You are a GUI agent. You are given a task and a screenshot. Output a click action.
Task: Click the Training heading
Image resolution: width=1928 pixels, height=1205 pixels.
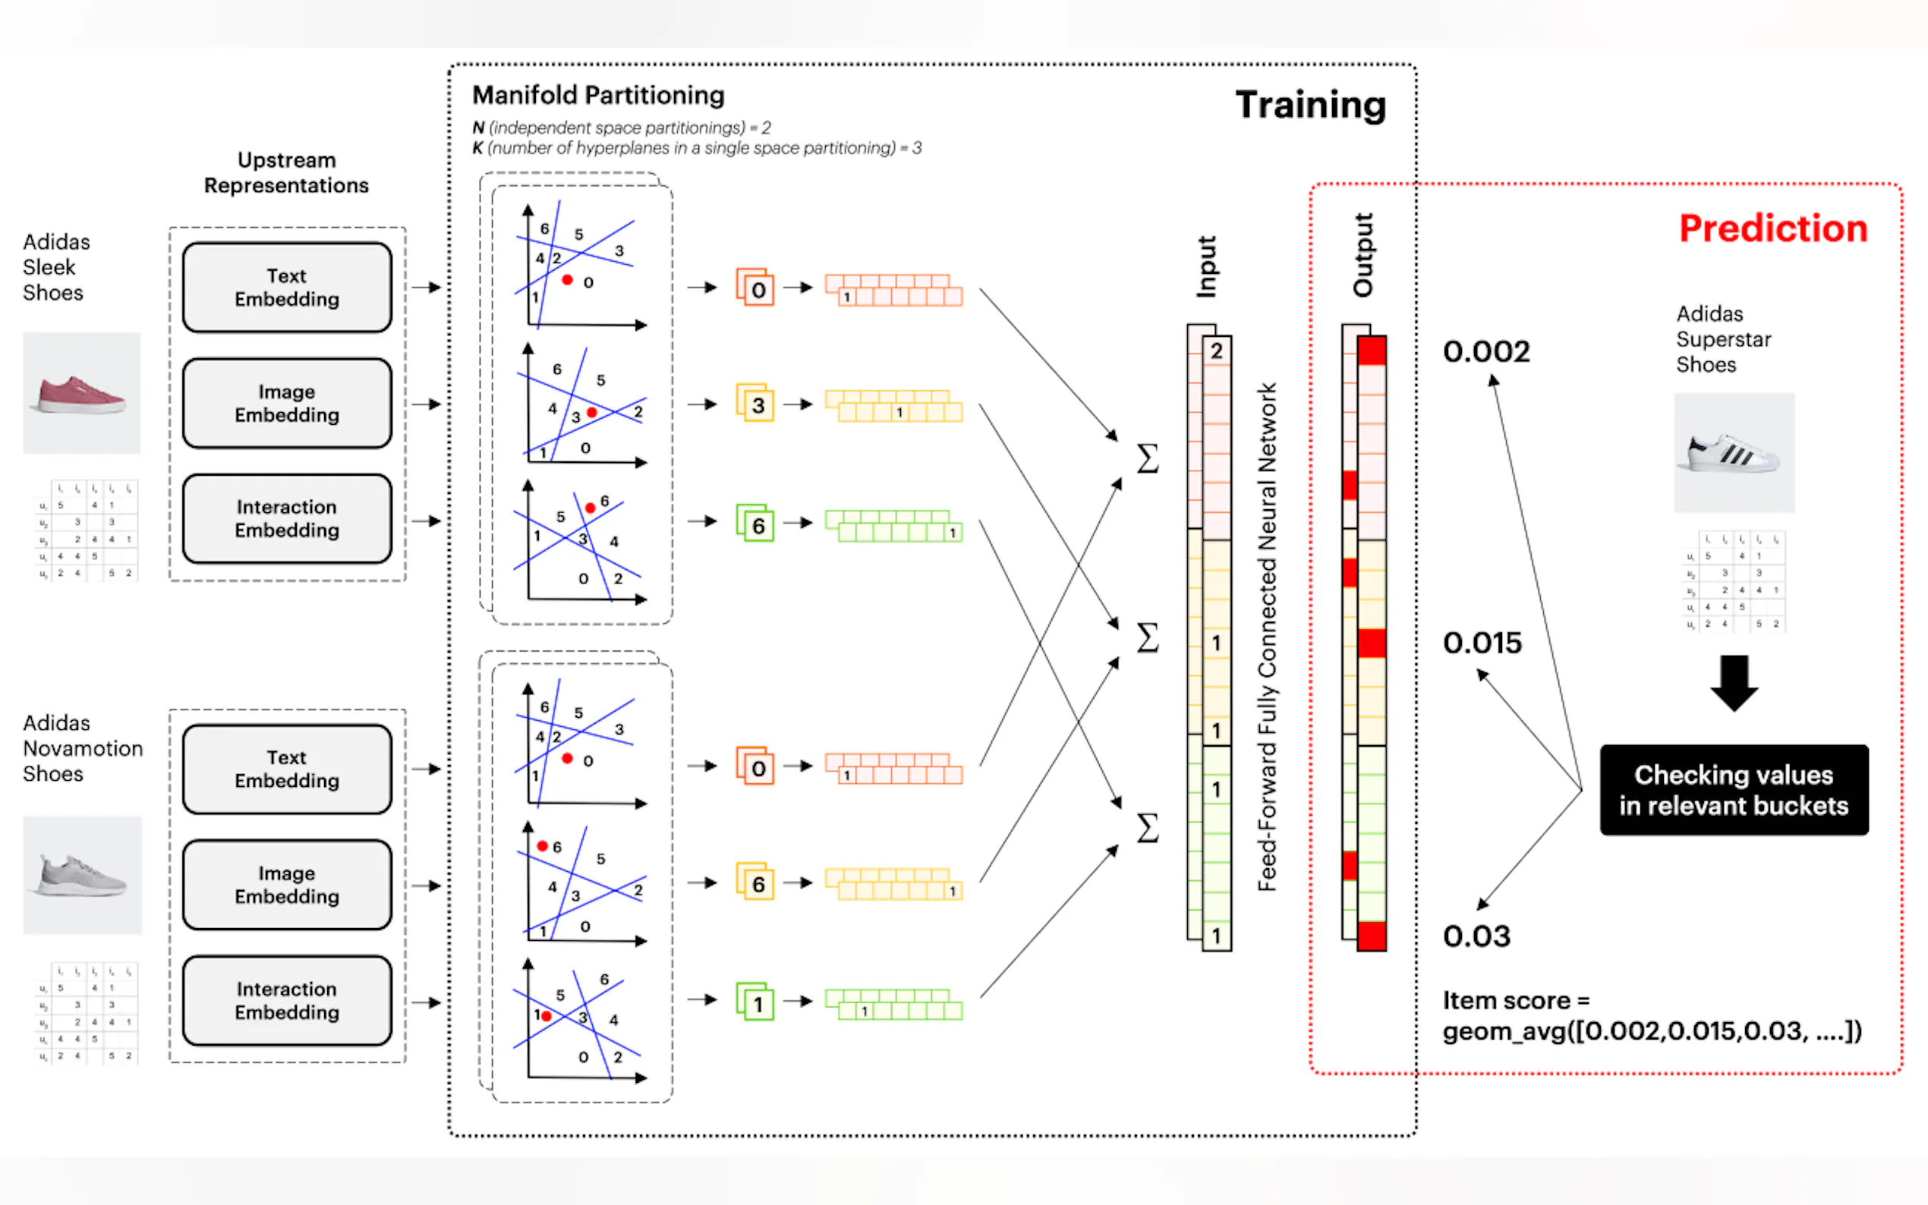[1309, 105]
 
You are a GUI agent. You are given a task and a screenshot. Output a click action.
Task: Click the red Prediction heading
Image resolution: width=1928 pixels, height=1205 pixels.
[1772, 228]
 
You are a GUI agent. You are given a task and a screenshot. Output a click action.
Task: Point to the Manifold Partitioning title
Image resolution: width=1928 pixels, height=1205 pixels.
[598, 96]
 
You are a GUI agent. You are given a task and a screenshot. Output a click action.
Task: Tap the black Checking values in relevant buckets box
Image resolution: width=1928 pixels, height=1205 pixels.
[1733, 790]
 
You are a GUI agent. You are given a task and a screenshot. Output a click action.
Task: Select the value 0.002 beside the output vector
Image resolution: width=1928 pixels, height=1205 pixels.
[1485, 351]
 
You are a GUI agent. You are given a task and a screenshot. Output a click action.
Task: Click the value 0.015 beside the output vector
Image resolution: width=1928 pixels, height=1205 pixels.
[1482, 643]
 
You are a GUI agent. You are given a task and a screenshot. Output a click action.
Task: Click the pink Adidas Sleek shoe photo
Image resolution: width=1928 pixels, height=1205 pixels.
[81, 394]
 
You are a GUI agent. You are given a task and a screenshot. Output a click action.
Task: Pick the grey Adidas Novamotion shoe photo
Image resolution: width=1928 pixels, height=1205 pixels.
[82, 875]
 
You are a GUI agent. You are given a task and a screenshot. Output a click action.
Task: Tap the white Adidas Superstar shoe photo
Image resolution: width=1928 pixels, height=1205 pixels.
[1734, 453]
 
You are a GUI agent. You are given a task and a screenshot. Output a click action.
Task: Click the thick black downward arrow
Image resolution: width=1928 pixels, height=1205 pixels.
[1734, 682]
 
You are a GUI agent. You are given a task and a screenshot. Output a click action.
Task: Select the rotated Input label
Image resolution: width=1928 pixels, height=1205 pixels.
[1207, 267]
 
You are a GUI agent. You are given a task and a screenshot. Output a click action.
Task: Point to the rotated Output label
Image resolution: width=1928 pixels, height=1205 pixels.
[1363, 255]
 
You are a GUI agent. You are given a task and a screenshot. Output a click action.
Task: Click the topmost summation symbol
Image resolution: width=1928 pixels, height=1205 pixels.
[1147, 458]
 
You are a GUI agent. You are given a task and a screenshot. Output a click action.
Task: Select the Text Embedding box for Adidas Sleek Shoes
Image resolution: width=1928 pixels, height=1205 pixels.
[287, 288]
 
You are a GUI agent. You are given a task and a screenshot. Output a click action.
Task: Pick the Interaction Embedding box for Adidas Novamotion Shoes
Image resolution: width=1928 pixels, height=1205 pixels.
[287, 1000]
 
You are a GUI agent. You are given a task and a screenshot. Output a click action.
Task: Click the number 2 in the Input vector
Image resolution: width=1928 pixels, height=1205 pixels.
[1216, 351]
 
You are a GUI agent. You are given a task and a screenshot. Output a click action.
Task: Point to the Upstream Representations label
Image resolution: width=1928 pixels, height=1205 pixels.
[286, 173]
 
